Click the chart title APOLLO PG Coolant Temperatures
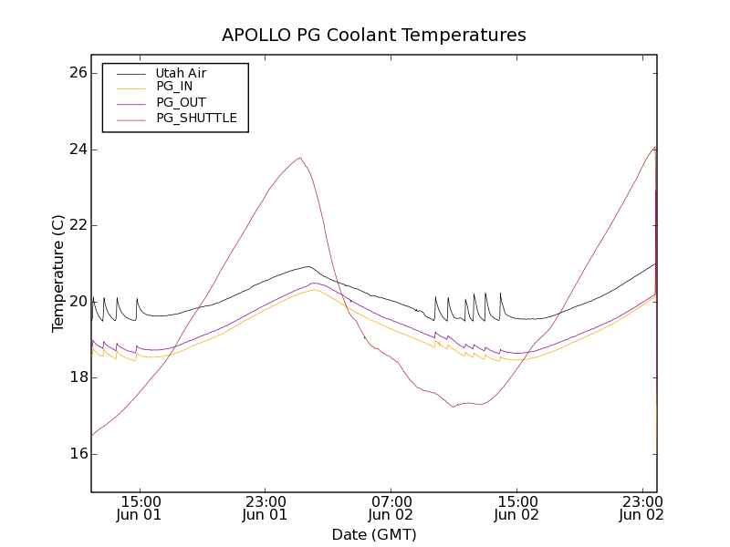(x=374, y=36)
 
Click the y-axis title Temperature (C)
(x=58, y=273)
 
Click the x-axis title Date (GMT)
(x=374, y=534)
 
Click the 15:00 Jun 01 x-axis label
(x=141, y=508)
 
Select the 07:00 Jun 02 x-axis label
(x=391, y=508)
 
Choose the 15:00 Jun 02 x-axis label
(x=516, y=508)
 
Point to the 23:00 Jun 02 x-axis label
(x=641, y=508)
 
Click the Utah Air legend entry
(x=181, y=73)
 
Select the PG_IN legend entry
(x=174, y=88)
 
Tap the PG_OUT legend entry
(x=181, y=102)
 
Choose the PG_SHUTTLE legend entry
(x=196, y=118)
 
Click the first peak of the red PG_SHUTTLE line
(x=300, y=158)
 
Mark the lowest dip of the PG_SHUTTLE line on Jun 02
(x=454, y=407)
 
